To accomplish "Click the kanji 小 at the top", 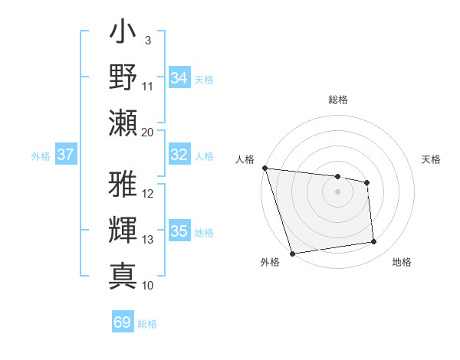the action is coord(123,35).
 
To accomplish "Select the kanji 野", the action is coord(123,77).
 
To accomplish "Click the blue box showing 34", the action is coord(179,77).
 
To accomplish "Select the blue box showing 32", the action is coord(179,155).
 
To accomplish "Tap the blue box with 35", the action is coord(179,231).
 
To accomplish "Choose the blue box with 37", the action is coord(65,155).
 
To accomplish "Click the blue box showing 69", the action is coord(123,322).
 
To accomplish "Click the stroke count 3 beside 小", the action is coord(147,41).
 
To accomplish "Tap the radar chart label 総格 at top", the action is coord(338,100).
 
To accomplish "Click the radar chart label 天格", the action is coord(432,159).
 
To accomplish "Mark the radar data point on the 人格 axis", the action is coord(264,168).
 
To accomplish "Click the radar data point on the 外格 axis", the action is coord(292,254).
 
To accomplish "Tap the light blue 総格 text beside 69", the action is coord(148,324).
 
